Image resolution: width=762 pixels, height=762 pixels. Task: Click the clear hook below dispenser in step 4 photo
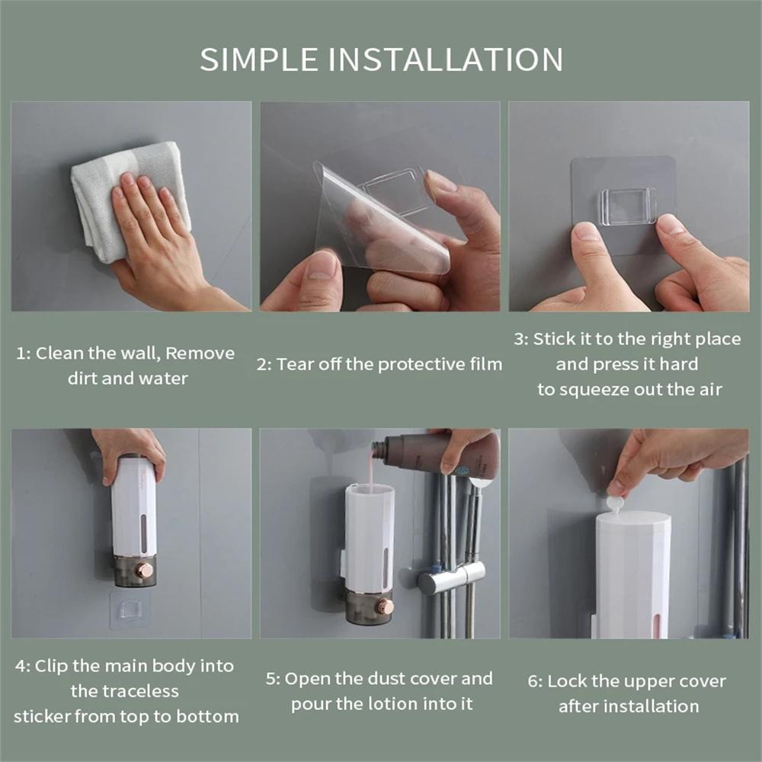(x=130, y=610)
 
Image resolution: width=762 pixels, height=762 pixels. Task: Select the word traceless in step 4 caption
(x=125, y=691)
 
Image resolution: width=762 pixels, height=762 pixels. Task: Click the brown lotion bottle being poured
(x=442, y=455)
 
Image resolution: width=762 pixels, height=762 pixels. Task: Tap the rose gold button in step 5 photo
(x=386, y=607)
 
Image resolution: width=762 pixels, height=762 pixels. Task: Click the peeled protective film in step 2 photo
(x=381, y=221)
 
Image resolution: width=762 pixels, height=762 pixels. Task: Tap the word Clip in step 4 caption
(x=53, y=666)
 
